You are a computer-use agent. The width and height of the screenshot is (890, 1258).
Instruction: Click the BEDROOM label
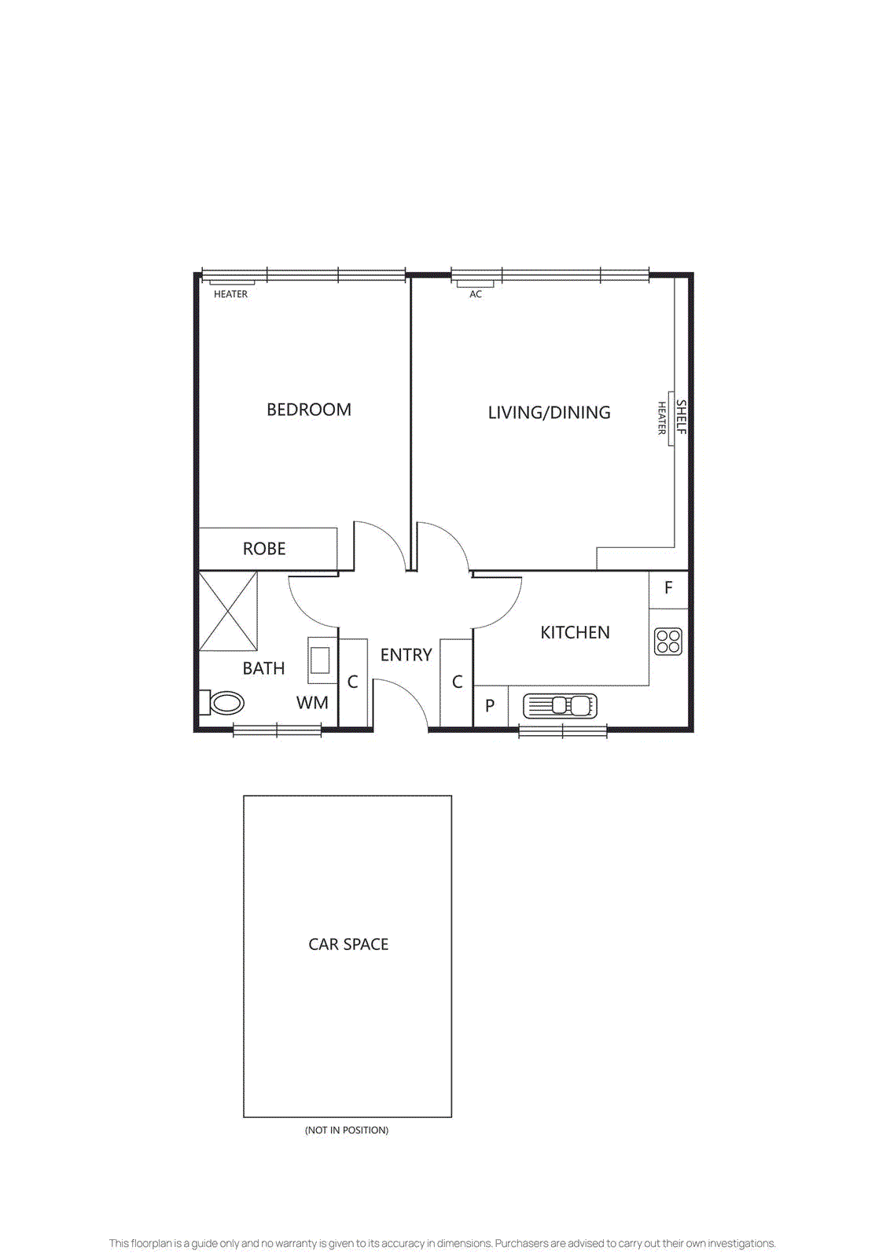[x=308, y=410]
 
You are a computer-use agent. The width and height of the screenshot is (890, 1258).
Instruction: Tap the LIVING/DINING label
[x=549, y=412]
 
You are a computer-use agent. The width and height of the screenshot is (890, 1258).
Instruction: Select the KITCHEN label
[x=575, y=632]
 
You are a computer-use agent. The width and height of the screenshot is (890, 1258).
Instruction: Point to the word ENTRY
[x=406, y=655]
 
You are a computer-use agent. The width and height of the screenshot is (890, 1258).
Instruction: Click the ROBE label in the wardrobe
[x=264, y=549]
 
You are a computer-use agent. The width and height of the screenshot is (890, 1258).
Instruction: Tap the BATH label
[x=263, y=668]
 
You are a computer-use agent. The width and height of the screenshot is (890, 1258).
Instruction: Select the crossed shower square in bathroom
[x=228, y=612]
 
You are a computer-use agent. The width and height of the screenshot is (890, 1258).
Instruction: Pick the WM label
[x=312, y=703]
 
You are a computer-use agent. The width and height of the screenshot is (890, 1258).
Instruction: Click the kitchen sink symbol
[x=560, y=705]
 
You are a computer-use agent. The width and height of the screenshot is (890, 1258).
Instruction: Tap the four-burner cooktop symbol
[x=668, y=642]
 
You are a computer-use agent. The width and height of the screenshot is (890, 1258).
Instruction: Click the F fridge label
[x=668, y=588]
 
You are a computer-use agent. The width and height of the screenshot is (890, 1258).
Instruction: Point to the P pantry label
[x=490, y=706]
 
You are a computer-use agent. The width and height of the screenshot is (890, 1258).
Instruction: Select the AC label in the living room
[x=476, y=294]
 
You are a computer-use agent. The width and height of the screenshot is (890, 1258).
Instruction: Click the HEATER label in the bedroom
[x=230, y=294]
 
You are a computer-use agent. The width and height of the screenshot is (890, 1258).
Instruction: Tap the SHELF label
[x=682, y=417]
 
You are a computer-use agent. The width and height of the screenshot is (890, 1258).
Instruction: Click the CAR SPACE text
[x=348, y=944]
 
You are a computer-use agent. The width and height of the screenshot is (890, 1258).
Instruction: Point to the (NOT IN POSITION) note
[x=347, y=1130]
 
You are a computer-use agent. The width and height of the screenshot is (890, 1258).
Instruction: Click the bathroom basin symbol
[x=320, y=659]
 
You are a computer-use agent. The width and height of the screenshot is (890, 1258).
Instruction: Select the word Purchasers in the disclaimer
[x=521, y=1243]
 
